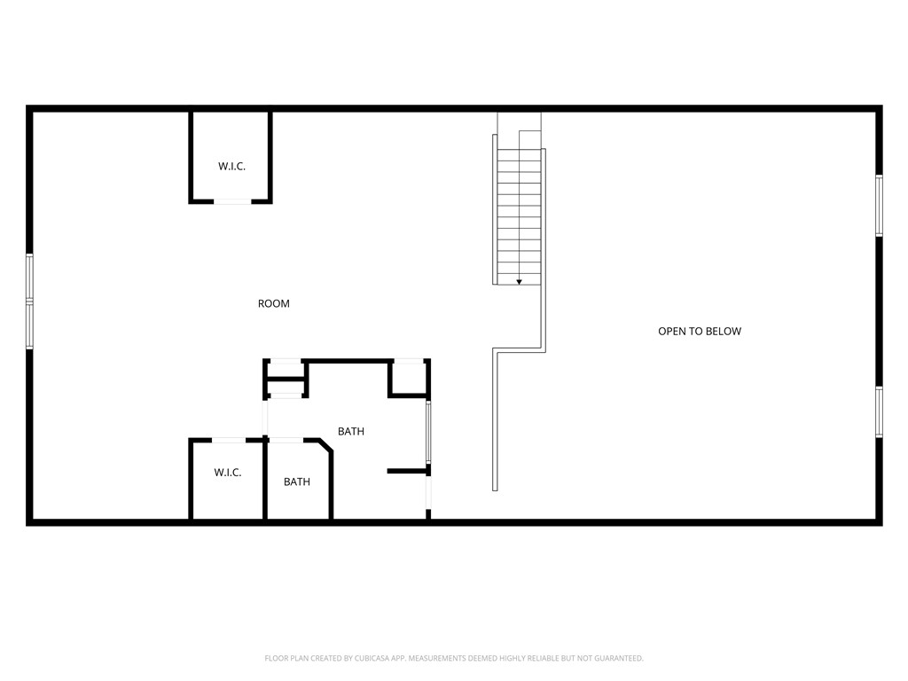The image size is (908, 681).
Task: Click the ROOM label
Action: point(274,303)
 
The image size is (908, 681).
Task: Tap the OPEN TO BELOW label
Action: point(699,331)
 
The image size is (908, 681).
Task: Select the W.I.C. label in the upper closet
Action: point(231,166)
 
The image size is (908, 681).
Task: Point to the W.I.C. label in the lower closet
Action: point(227,473)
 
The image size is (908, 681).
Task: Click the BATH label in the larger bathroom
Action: point(351,431)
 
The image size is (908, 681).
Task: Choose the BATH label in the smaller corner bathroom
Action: point(297,481)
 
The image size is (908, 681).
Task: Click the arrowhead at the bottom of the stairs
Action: point(519,281)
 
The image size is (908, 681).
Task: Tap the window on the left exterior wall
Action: point(30,301)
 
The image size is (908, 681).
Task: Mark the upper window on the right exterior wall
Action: point(879,206)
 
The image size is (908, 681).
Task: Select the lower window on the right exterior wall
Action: point(879,411)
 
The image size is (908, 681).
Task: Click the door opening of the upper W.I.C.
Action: point(233,202)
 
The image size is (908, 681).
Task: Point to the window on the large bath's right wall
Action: point(428,433)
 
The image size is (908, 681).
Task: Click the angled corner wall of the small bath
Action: point(326,447)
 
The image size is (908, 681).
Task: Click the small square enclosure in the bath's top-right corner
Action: point(409,379)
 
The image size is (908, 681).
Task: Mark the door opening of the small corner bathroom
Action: point(286,440)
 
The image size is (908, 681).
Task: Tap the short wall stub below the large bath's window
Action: point(407,471)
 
